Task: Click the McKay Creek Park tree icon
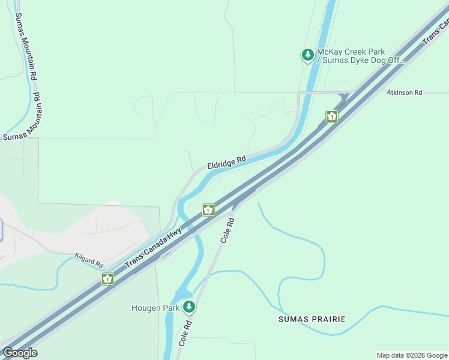coord(308,56)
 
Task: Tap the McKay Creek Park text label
coord(351,52)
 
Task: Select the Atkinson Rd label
coord(404,92)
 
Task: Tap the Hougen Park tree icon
coord(190,307)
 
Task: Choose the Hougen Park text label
coord(155,308)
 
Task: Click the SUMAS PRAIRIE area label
coord(312,319)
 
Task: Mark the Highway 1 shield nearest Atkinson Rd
coord(331,116)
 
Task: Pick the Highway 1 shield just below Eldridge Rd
coord(208,210)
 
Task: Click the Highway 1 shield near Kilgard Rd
coord(107,279)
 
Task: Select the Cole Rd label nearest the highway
coord(226,230)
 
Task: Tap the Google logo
coord(20,353)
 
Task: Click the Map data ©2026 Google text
coord(411,355)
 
